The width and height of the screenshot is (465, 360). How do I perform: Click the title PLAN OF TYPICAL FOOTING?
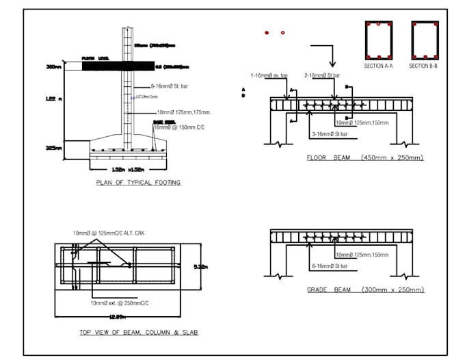[x=138, y=183]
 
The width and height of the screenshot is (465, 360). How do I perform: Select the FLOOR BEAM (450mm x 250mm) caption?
[x=365, y=158]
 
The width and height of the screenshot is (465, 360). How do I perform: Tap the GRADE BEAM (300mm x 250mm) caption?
[x=365, y=290]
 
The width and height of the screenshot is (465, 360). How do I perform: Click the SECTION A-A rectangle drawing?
[x=378, y=40]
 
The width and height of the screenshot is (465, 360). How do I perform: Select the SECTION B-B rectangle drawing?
[x=424, y=40]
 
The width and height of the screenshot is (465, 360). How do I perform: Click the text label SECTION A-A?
[x=378, y=66]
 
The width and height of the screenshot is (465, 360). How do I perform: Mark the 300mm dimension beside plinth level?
[x=53, y=67]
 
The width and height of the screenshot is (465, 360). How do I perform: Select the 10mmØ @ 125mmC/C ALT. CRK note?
[x=109, y=233]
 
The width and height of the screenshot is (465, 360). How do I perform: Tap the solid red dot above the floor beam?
[x=267, y=32]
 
